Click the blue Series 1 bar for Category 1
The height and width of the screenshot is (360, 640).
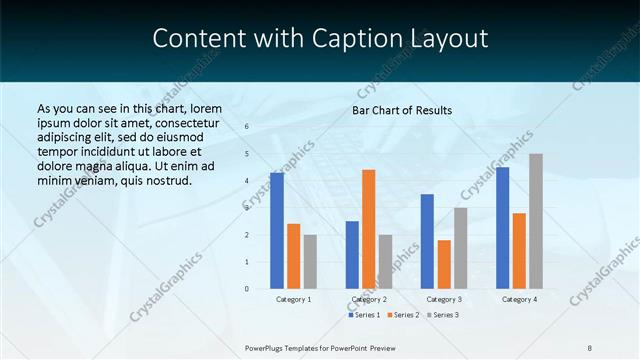point(277,231)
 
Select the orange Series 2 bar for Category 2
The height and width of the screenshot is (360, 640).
point(368,229)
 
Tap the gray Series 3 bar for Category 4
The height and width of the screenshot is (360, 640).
point(536,221)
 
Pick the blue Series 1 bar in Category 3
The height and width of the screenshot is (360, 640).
point(427,241)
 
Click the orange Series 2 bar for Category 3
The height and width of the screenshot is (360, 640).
point(444,264)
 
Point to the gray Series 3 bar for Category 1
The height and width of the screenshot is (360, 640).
point(310,261)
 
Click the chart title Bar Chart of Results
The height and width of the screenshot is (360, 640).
point(402,110)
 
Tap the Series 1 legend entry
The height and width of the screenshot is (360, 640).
point(366,315)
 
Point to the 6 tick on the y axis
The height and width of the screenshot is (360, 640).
point(247,127)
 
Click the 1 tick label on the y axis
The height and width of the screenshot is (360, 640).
point(247,262)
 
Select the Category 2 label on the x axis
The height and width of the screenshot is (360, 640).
point(369,299)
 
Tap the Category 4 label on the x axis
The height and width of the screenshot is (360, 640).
point(519,299)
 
